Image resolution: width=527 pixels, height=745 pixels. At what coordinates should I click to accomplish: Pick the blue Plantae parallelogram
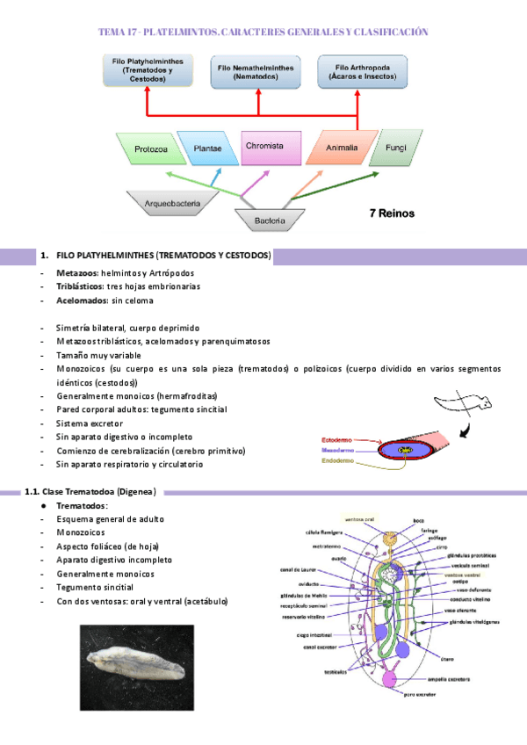[x=207, y=148]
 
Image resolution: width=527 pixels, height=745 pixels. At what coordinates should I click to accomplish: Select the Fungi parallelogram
[x=391, y=148]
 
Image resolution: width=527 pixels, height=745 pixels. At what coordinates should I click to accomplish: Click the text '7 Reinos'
[x=392, y=213]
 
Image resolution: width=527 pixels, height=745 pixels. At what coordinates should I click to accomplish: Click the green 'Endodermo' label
[x=339, y=461]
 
